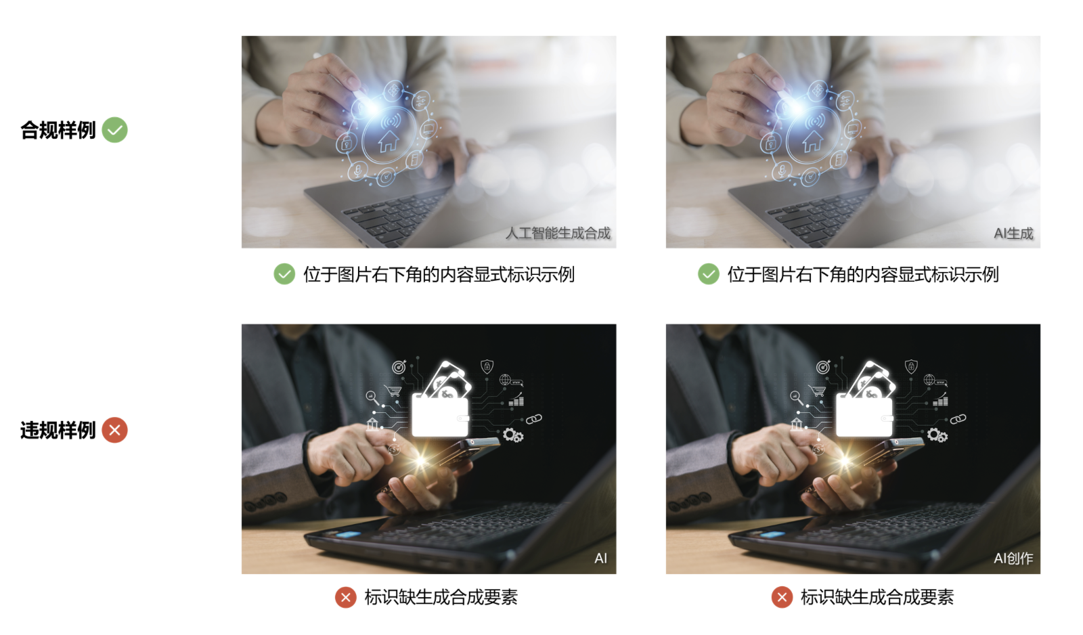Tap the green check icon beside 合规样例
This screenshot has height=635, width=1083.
point(114,130)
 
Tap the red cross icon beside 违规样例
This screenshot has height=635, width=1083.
point(114,430)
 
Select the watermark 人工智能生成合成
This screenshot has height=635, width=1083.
point(558,234)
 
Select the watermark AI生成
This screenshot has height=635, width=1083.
point(1013,234)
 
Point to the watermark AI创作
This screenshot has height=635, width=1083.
point(1013,559)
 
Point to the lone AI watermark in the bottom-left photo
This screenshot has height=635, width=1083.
point(600,559)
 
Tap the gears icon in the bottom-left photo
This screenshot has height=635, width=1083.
point(513,435)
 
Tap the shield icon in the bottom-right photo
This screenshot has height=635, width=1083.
point(911,366)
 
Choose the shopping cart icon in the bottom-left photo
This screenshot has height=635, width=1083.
point(393,390)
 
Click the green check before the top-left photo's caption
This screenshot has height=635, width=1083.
point(284,274)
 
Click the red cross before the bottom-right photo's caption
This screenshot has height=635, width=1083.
point(782,597)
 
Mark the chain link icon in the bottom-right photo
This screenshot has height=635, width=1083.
point(958,419)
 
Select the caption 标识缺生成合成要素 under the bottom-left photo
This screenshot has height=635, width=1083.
point(441,597)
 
